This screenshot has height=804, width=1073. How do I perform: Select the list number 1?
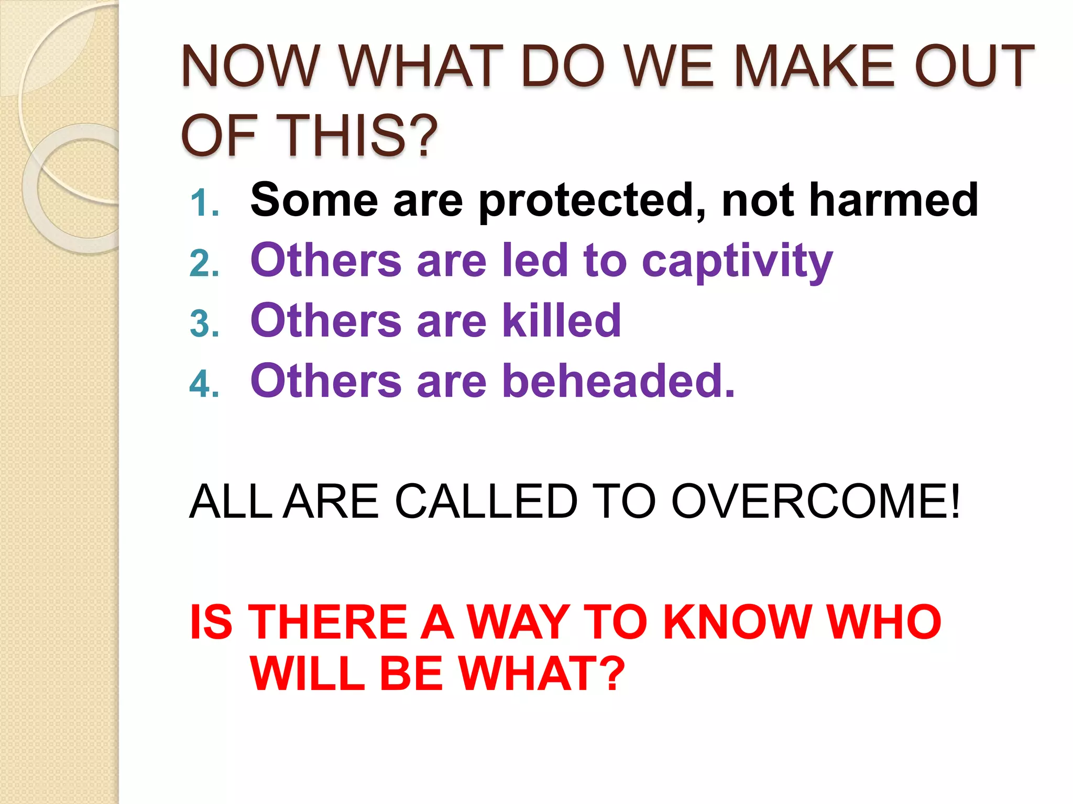coord(203,203)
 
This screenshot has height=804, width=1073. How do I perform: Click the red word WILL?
coord(307,674)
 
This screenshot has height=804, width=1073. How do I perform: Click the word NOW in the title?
coord(250,66)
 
